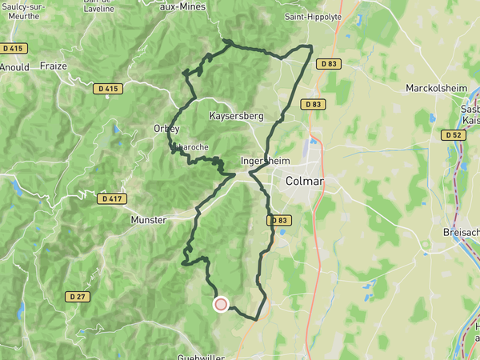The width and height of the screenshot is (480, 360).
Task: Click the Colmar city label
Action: click(x=305, y=182)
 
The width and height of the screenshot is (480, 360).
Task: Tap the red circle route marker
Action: click(x=221, y=304)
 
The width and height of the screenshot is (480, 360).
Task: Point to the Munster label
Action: click(x=150, y=218)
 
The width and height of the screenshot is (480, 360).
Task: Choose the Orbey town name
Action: click(x=166, y=128)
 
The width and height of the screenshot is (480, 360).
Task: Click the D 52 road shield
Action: click(x=453, y=135)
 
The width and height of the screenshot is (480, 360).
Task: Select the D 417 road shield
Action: click(x=110, y=198)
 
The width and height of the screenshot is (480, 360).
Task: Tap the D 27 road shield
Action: click(x=77, y=296)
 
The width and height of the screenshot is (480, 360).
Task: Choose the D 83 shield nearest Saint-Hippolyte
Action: click(x=328, y=63)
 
